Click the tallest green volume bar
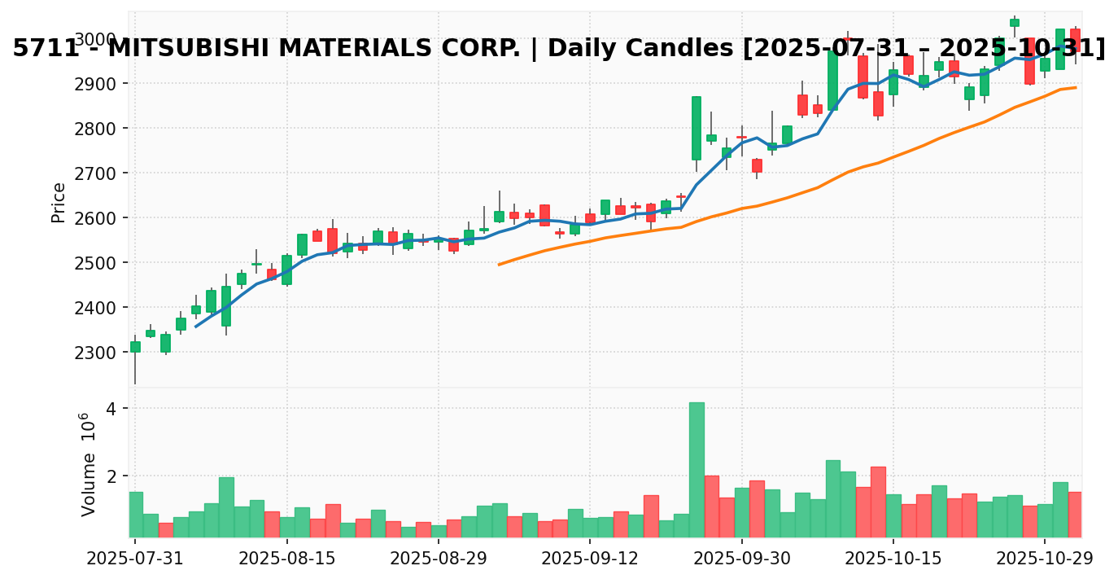click(697, 469)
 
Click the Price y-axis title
click(59, 203)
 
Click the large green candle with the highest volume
click(697, 128)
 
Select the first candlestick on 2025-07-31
click(135, 347)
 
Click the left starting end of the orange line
click(499, 265)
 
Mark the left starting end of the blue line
click(195, 327)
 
